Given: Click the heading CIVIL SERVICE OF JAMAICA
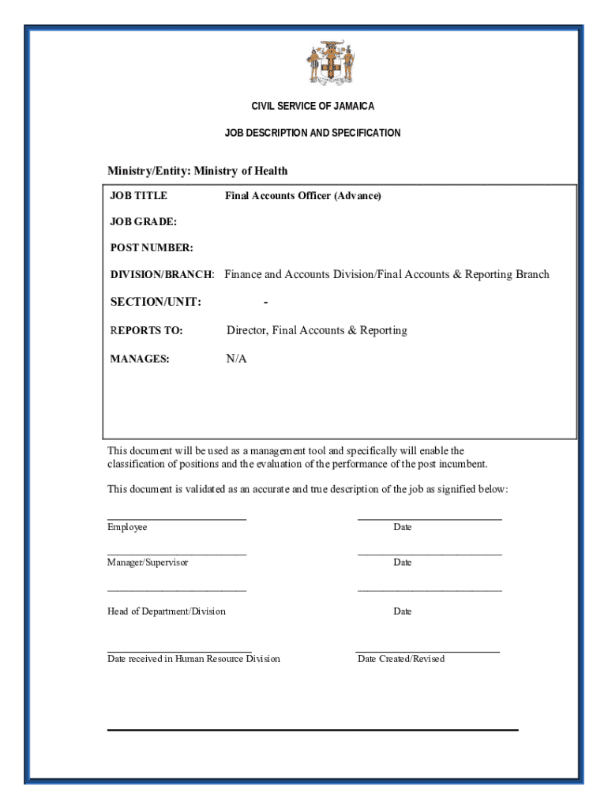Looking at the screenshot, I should (x=313, y=106).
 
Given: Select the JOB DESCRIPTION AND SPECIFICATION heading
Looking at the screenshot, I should (x=313, y=133).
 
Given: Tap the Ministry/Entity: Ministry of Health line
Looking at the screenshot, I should (x=197, y=171).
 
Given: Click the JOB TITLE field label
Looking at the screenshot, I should (x=138, y=195).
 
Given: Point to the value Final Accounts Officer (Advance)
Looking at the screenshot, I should (x=302, y=195).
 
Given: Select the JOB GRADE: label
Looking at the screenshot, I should (x=143, y=222).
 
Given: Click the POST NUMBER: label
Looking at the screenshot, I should (x=152, y=248).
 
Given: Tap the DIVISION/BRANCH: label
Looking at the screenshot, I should (x=162, y=275).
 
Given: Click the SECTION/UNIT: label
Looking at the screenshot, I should (x=156, y=302).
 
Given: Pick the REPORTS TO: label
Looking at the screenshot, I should (x=146, y=330).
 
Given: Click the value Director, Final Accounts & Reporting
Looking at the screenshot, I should (x=317, y=330).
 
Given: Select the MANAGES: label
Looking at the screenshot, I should (x=140, y=359).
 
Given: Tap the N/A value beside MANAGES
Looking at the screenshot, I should (x=236, y=359).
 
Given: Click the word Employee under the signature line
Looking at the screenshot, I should (x=127, y=527).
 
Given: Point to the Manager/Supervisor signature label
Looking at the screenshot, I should (x=148, y=563).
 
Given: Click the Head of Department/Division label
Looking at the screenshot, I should (x=166, y=611).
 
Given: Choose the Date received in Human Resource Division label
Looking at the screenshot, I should (x=193, y=659).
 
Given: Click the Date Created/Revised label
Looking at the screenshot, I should (x=401, y=659).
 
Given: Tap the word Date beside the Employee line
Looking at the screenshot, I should (x=403, y=527).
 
